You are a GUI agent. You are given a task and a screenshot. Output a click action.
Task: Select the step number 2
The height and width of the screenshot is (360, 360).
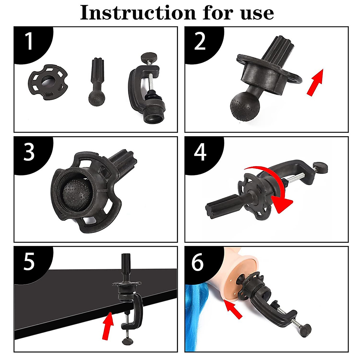point(200,41)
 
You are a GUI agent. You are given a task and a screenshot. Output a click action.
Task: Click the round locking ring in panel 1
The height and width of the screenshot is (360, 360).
point(48,82)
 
